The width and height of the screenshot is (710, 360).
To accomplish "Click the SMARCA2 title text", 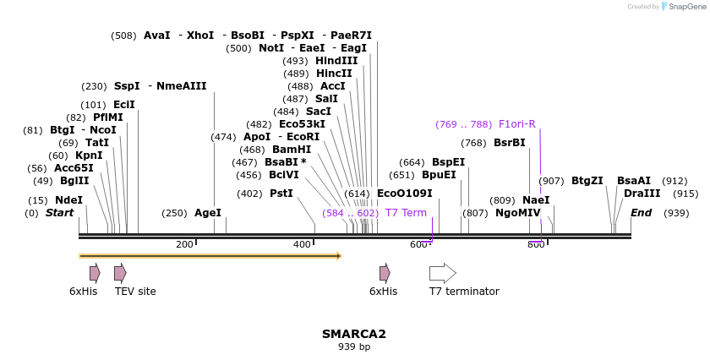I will pyautogui.click(x=353, y=334).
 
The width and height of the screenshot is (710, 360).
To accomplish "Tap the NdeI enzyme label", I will pyautogui.click(x=69, y=200).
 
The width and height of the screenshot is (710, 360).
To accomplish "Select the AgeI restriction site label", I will pyautogui.click(x=207, y=213).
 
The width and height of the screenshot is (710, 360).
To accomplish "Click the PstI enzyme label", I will pyautogui.click(x=281, y=194).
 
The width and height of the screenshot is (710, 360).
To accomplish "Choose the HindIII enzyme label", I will pyautogui.click(x=336, y=61).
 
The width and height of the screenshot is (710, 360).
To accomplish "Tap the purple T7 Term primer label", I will pyautogui.click(x=406, y=213).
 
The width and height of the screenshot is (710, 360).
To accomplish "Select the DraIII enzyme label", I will pyautogui.click(x=636, y=194).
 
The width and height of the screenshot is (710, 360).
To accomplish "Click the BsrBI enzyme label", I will pyautogui.click(x=509, y=143).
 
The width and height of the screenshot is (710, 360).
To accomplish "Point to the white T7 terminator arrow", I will pyautogui.click(x=442, y=273).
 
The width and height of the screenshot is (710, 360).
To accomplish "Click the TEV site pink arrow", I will pyautogui.click(x=120, y=273).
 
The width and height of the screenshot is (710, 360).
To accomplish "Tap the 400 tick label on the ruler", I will pyautogui.click(x=302, y=244).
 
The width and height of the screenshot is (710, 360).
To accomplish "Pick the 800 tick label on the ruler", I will pyautogui.click(x=536, y=244).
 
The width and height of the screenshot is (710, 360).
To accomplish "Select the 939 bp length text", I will pyautogui.click(x=353, y=346).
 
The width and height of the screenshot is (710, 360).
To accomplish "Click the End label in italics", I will pyautogui.click(x=641, y=213).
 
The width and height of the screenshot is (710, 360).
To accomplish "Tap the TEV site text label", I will pyautogui.click(x=135, y=292).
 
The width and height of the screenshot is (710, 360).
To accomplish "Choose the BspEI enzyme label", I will pyautogui.click(x=448, y=162).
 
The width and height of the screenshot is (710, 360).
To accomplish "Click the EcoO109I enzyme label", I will pyautogui.click(x=404, y=194).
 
